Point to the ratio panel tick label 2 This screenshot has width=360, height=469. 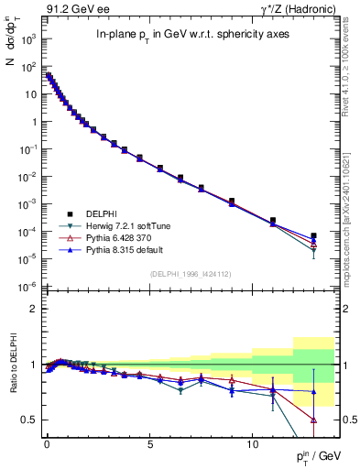(33, 309)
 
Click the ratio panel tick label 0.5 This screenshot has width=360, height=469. (29, 420)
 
